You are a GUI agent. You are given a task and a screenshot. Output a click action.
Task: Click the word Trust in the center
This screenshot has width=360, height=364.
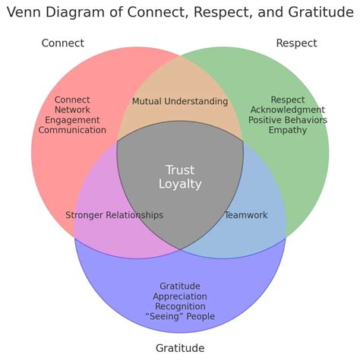(180, 169)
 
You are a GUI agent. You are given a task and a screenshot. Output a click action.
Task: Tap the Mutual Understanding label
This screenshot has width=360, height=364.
(180, 102)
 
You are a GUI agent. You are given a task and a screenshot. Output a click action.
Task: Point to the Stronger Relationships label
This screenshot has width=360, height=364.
(114, 215)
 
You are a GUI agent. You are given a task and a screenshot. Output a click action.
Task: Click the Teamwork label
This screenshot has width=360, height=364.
(245, 215)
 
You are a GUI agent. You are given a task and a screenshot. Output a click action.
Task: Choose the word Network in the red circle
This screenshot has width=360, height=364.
(72, 110)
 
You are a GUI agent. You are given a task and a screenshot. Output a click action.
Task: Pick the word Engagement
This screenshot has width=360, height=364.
(72, 120)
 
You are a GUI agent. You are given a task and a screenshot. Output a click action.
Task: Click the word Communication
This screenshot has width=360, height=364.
(72, 130)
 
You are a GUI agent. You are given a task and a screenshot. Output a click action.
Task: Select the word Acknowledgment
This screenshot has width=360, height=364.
(287, 110)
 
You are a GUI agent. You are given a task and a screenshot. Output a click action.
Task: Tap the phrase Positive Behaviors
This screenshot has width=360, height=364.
(287, 120)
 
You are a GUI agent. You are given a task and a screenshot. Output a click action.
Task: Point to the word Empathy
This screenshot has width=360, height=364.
(287, 130)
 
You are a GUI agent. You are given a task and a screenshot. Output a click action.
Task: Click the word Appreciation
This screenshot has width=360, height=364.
(180, 296)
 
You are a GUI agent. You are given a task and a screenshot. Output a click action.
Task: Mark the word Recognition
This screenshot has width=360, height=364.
(180, 306)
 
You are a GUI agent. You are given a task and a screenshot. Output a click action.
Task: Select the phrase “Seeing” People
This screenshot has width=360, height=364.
(180, 316)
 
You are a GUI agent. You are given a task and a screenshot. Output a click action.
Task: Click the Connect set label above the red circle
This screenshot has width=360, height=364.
(62, 43)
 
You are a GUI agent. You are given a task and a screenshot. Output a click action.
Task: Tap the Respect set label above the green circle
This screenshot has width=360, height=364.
(296, 43)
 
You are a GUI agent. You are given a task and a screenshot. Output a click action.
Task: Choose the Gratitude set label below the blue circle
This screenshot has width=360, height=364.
(180, 348)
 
